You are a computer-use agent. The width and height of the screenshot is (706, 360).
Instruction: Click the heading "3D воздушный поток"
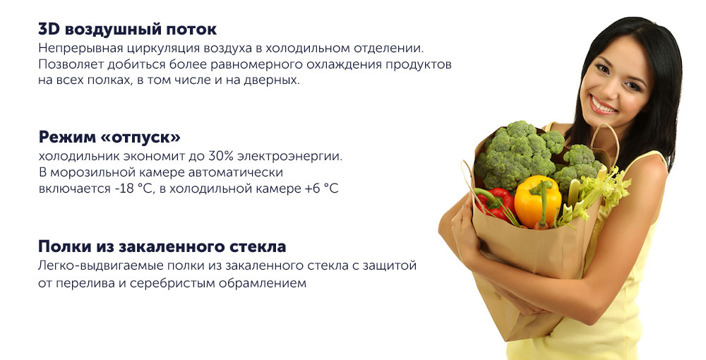tap(127, 30)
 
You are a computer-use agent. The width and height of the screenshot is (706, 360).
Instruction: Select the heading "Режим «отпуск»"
tap(109, 137)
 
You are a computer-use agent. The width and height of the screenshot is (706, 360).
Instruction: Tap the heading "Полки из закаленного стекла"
tap(162, 246)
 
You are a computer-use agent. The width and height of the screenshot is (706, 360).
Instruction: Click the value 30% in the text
tap(220, 157)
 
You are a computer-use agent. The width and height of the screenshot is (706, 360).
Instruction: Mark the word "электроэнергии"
tap(289, 157)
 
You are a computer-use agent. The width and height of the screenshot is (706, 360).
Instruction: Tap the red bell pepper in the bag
tap(496, 203)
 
